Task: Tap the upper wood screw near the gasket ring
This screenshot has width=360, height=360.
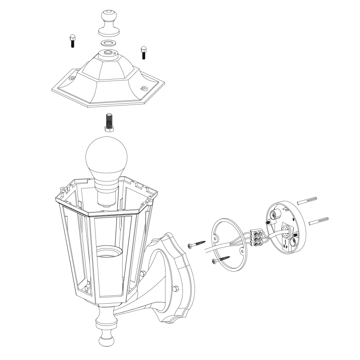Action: (x=197, y=243)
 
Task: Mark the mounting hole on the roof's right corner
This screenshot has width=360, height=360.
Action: (x=144, y=88)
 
